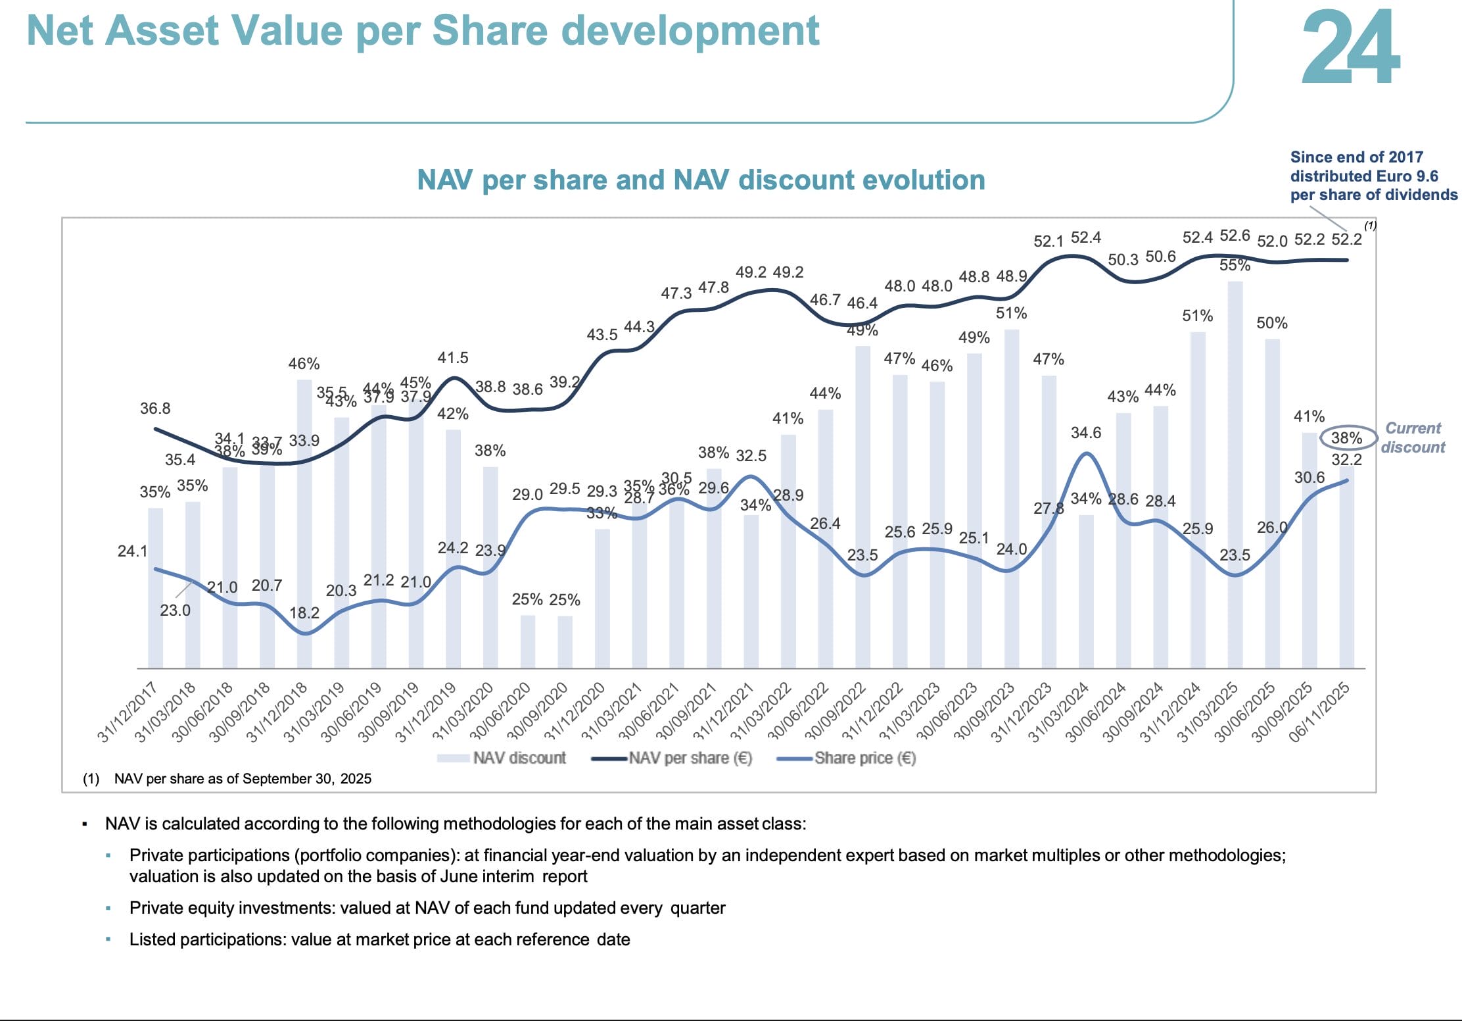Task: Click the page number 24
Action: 1350,47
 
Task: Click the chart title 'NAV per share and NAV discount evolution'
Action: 701,180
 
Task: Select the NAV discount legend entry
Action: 503,758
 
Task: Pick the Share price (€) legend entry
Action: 848,758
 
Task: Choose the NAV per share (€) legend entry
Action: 674,758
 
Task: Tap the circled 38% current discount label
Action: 1346,438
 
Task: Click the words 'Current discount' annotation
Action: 1413,437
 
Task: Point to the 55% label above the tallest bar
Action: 1235,265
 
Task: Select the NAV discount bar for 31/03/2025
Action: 1235,474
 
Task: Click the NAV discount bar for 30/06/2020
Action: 527,641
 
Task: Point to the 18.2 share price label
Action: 304,613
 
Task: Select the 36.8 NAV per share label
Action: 155,409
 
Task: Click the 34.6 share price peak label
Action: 1085,433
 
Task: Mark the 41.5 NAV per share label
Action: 452,358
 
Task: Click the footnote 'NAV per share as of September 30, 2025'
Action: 243,779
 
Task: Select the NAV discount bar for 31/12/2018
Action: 304,523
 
